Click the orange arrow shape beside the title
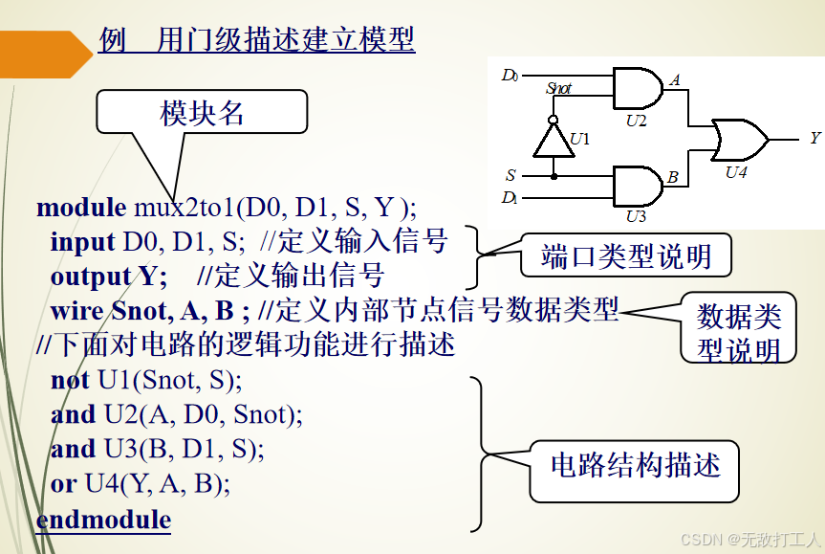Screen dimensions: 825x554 (x=43, y=53)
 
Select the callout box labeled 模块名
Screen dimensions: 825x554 (x=202, y=113)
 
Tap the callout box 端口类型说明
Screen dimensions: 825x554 (x=625, y=256)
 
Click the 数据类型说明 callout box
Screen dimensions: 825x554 (x=738, y=329)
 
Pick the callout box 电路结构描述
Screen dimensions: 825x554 (x=635, y=467)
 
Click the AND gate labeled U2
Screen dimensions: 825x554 (x=636, y=88)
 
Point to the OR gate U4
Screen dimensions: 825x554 (x=738, y=139)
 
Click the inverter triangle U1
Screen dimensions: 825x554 (x=552, y=142)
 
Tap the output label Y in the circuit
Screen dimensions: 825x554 (x=814, y=138)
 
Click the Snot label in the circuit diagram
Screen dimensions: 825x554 (x=558, y=88)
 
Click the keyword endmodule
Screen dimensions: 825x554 (x=103, y=520)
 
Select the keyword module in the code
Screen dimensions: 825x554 (x=81, y=207)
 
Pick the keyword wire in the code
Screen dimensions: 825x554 (x=77, y=310)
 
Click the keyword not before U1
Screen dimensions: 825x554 (x=71, y=380)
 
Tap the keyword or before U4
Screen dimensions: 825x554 (x=63, y=483)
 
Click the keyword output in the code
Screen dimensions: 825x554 (x=91, y=277)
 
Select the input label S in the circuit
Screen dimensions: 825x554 (x=510, y=176)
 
